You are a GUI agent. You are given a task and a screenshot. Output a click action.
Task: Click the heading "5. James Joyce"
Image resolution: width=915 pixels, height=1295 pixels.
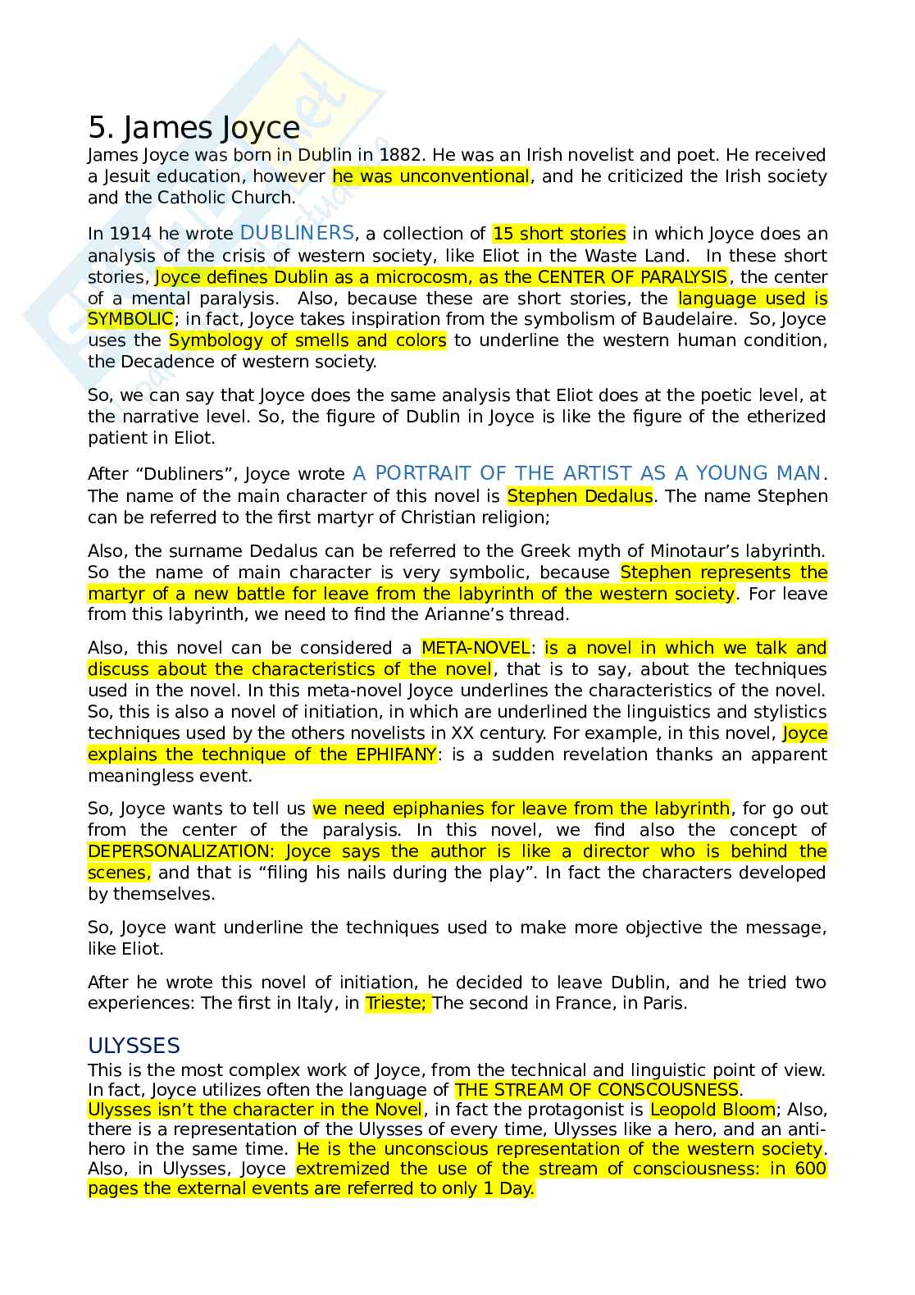tap(193, 128)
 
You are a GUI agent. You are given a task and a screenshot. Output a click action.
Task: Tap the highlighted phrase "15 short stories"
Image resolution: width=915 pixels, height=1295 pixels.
tap(559, 235)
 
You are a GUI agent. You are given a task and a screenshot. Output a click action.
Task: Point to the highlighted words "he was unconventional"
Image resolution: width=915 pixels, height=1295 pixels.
tap(430, 176)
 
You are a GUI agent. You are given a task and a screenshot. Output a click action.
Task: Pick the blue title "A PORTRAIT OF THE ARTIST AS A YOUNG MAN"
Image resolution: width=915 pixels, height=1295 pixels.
tap(587, 473)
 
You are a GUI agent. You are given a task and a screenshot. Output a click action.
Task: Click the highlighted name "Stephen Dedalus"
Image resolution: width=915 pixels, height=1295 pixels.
tap(580, 496)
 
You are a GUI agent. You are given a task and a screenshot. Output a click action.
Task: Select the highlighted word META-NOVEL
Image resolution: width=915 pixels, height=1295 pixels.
tap(476, 649)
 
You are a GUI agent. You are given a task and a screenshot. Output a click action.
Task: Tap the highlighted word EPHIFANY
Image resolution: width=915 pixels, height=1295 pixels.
tap(396, 755)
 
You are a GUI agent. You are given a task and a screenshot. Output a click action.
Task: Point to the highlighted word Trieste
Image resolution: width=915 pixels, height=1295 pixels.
tap(395, 1004)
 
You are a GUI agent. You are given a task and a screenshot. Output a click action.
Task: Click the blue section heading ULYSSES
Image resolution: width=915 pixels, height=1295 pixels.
tap(134, 1046)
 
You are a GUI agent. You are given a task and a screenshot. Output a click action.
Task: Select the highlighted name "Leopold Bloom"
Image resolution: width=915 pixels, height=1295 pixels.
tap(712, 1110)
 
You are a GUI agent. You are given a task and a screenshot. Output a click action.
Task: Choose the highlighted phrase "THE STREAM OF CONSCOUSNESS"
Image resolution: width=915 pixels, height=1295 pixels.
tap(597, 1090)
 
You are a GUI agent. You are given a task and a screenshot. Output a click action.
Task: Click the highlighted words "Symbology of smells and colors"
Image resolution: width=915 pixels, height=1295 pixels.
tap(307, 340)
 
